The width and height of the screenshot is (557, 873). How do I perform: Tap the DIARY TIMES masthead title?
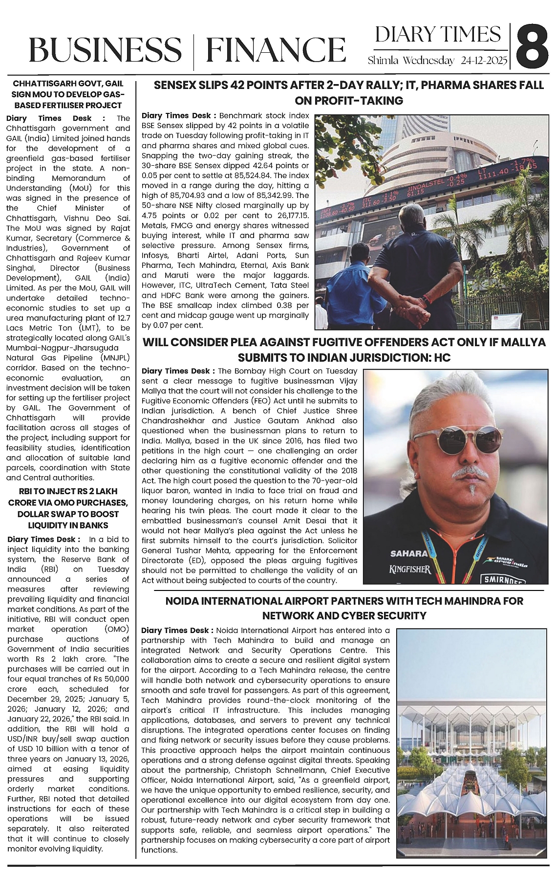pyautogui.click(x=438, y=35)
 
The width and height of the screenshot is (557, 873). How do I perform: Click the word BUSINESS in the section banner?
pyautogui.click(x=105, y=50)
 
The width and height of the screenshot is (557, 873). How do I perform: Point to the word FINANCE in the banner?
pyautogui.click(x=276, y=50)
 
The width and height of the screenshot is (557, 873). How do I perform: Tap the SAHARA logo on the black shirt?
pyautogui.click(x=408, y=553)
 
